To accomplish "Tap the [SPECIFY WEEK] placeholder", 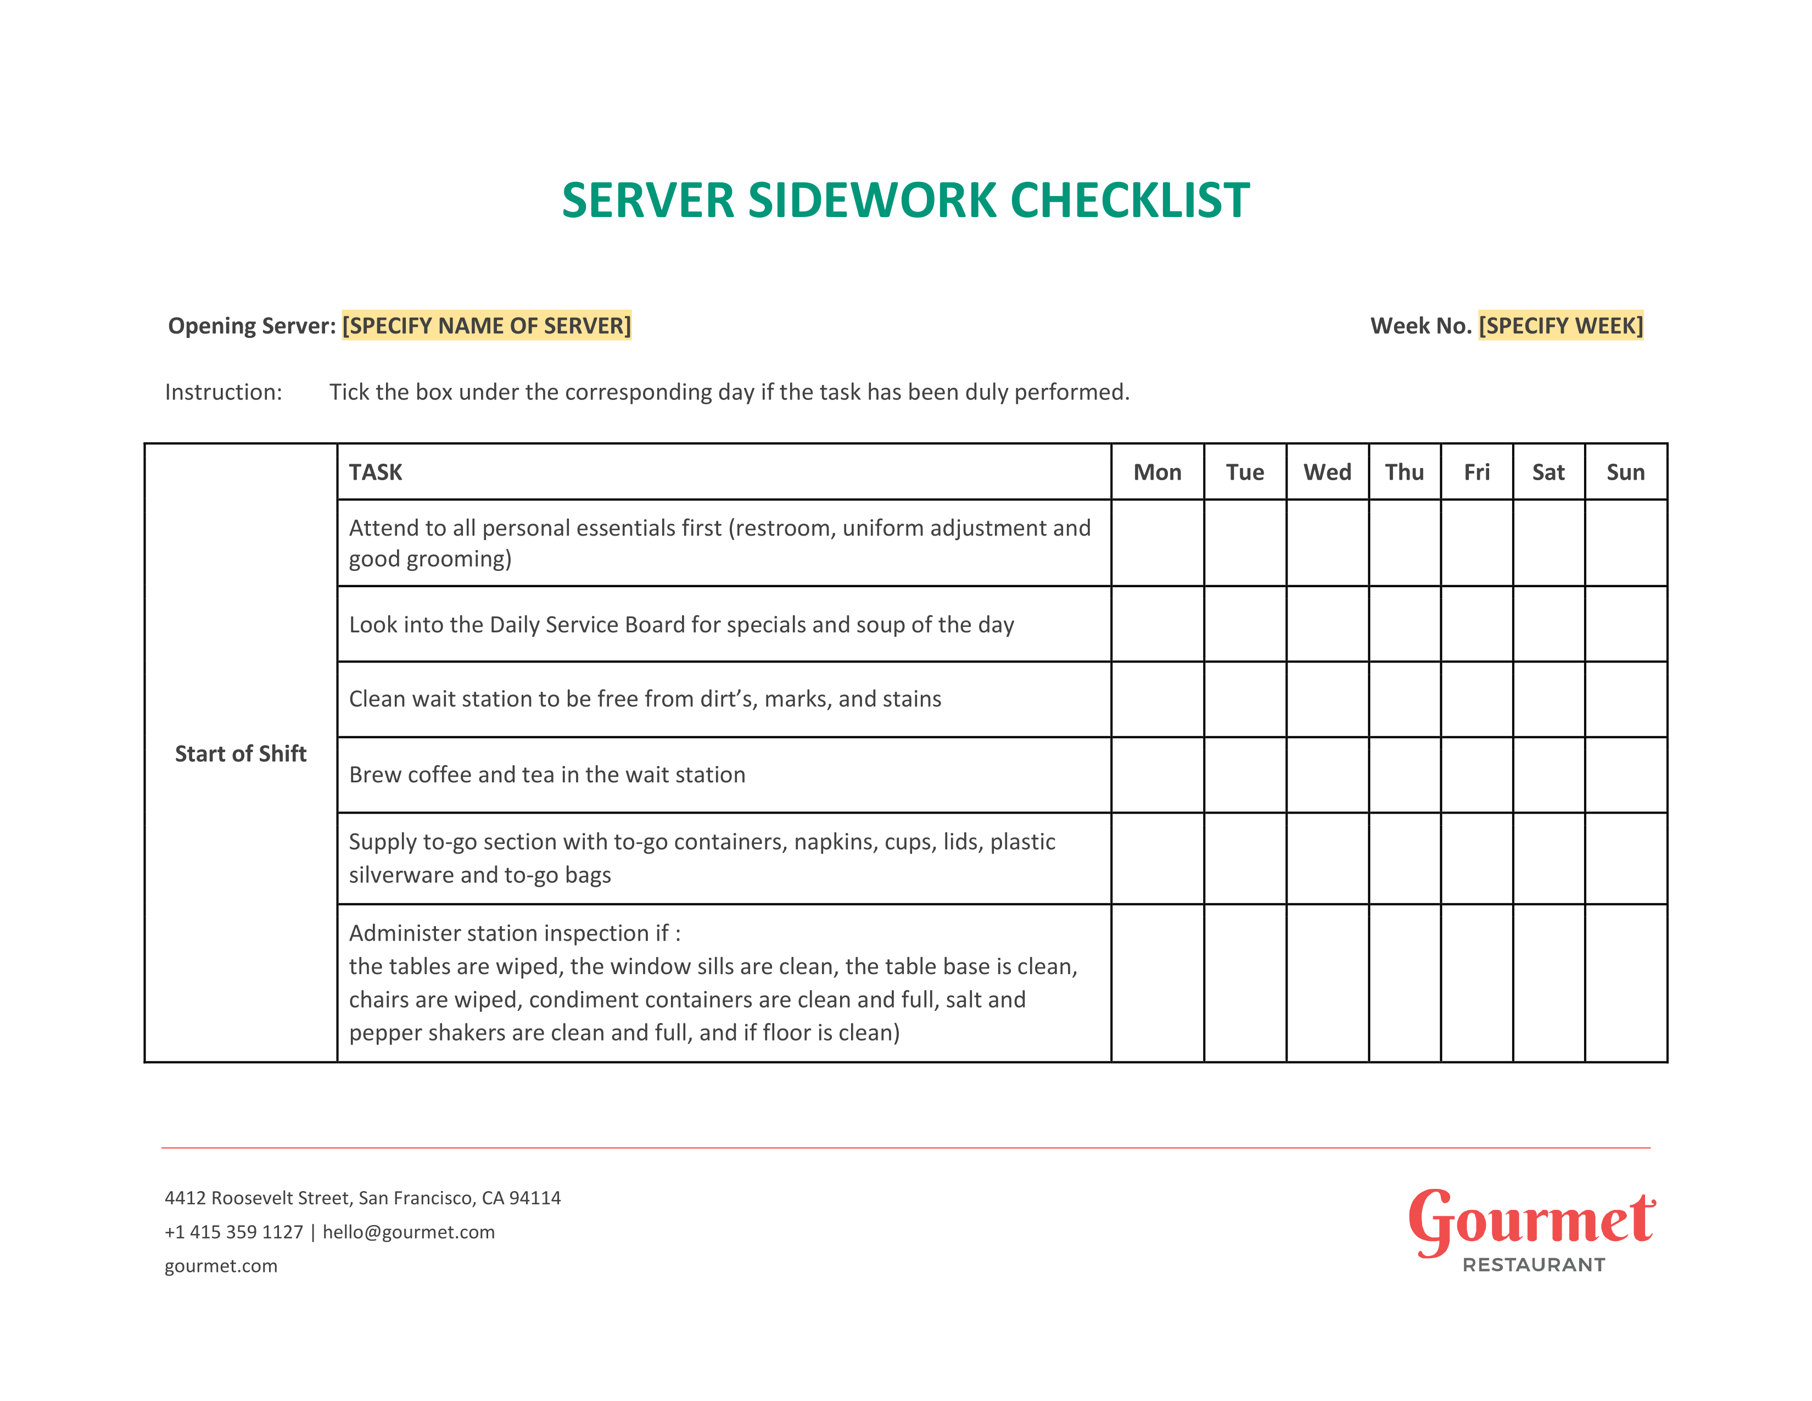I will coord(1560,325).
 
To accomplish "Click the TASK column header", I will coord(375,472).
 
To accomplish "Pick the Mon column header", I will coord(1157,472).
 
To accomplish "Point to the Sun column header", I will coord(1625,472).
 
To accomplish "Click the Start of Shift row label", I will coord(241,754).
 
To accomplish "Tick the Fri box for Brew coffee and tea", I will coord(1477,774).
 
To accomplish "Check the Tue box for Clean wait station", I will coord(1244,699).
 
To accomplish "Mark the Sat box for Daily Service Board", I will coord(1548,624).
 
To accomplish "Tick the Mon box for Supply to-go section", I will coord(1157,858).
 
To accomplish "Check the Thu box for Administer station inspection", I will coord(1405,983).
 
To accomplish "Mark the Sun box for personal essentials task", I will coord(1625,543).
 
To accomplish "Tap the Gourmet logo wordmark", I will coord(1531,1220).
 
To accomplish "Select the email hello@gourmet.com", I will coord(408,1232).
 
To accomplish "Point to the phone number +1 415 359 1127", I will coord(234,1232).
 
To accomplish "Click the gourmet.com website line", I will coord(221,1266).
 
